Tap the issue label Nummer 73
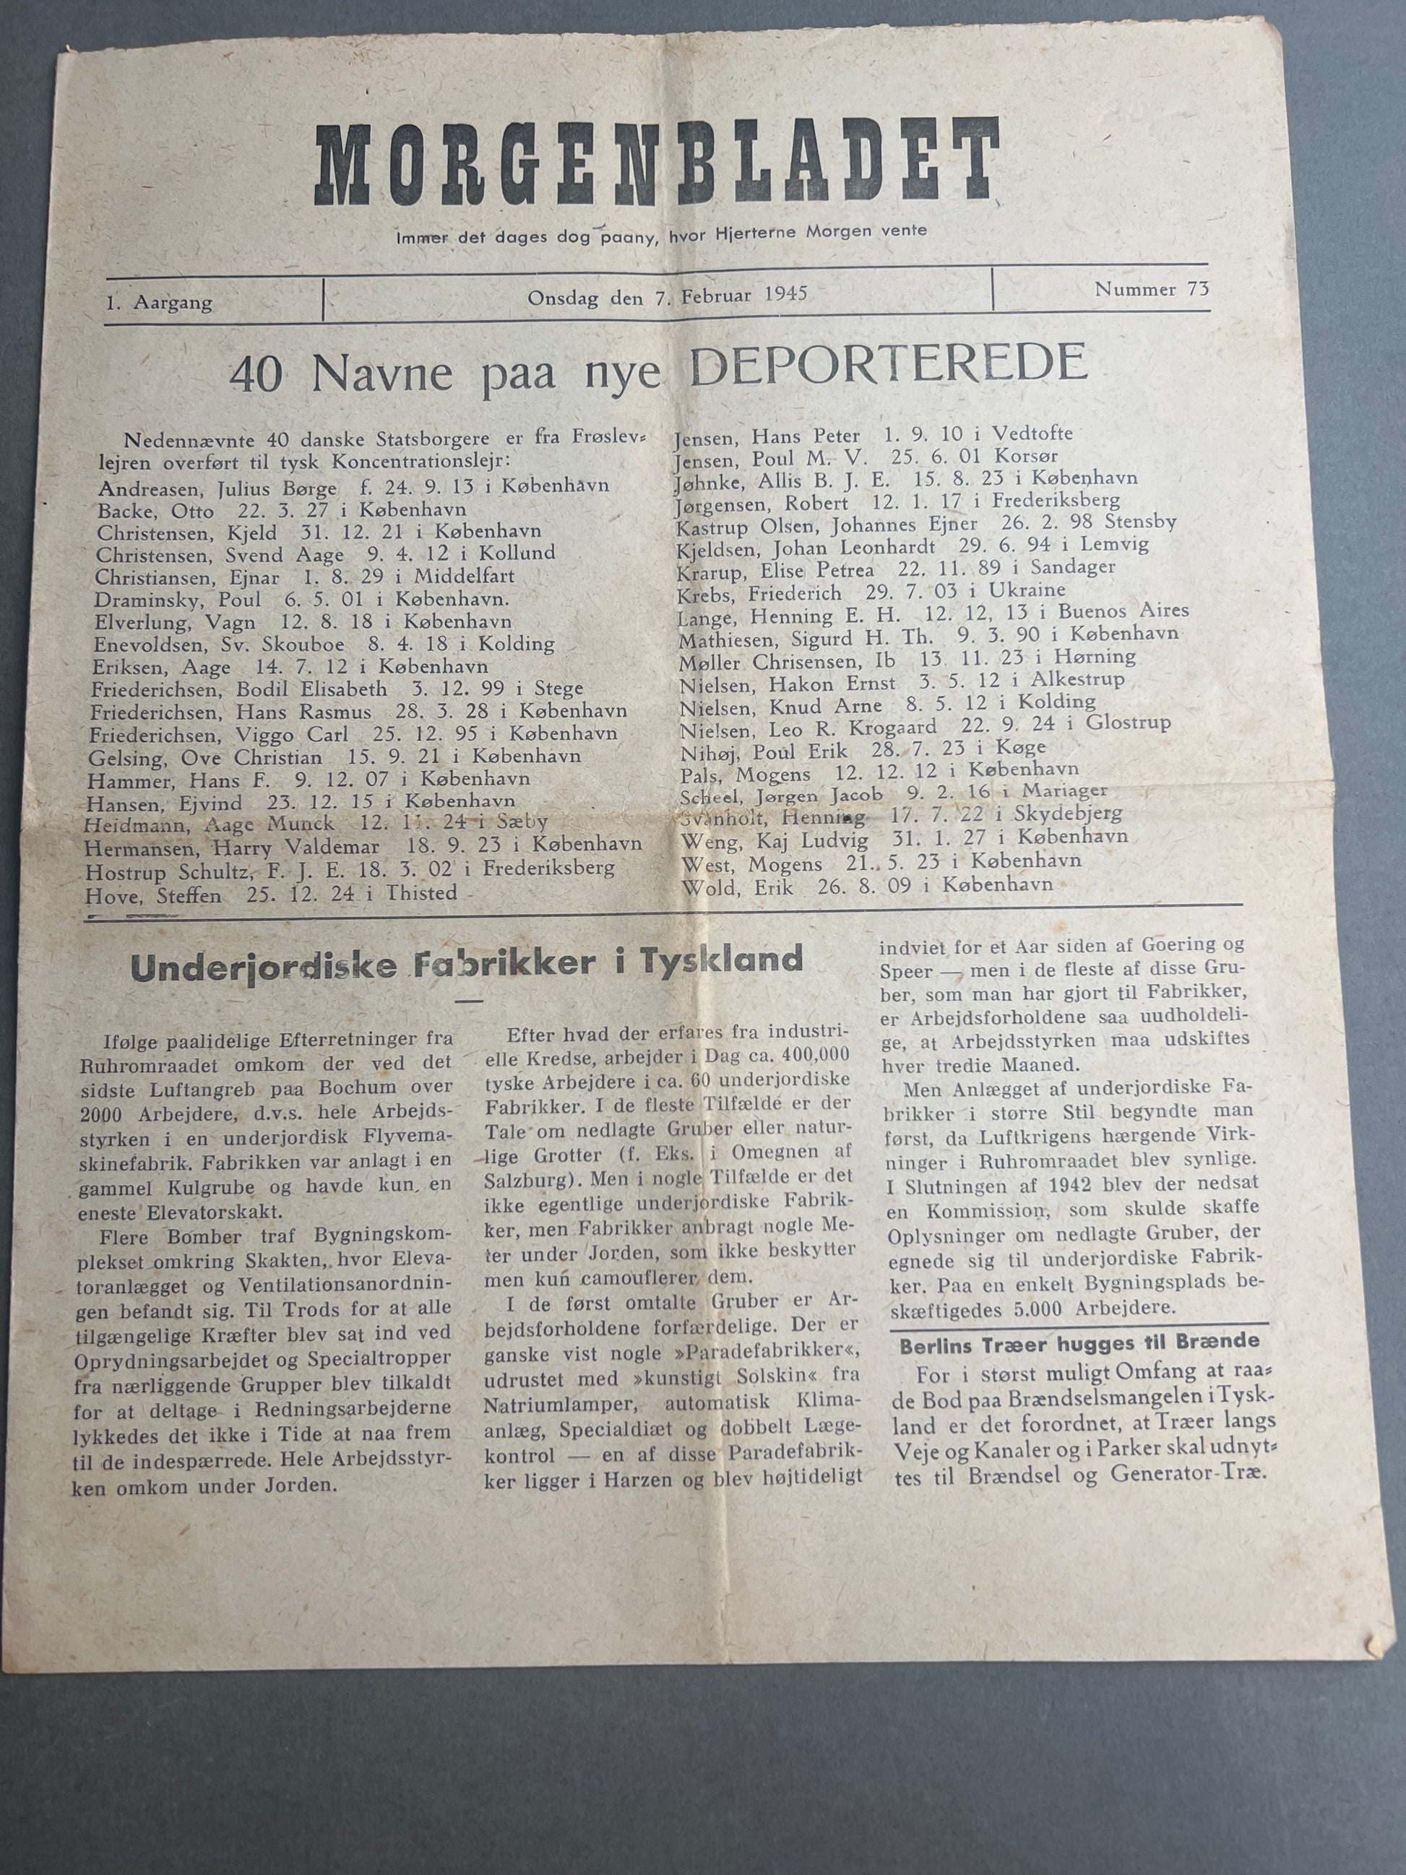click(1151, 289)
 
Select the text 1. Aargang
click(160, 303)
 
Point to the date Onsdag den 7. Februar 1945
click(667, 295)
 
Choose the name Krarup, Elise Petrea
click(775, 568)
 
